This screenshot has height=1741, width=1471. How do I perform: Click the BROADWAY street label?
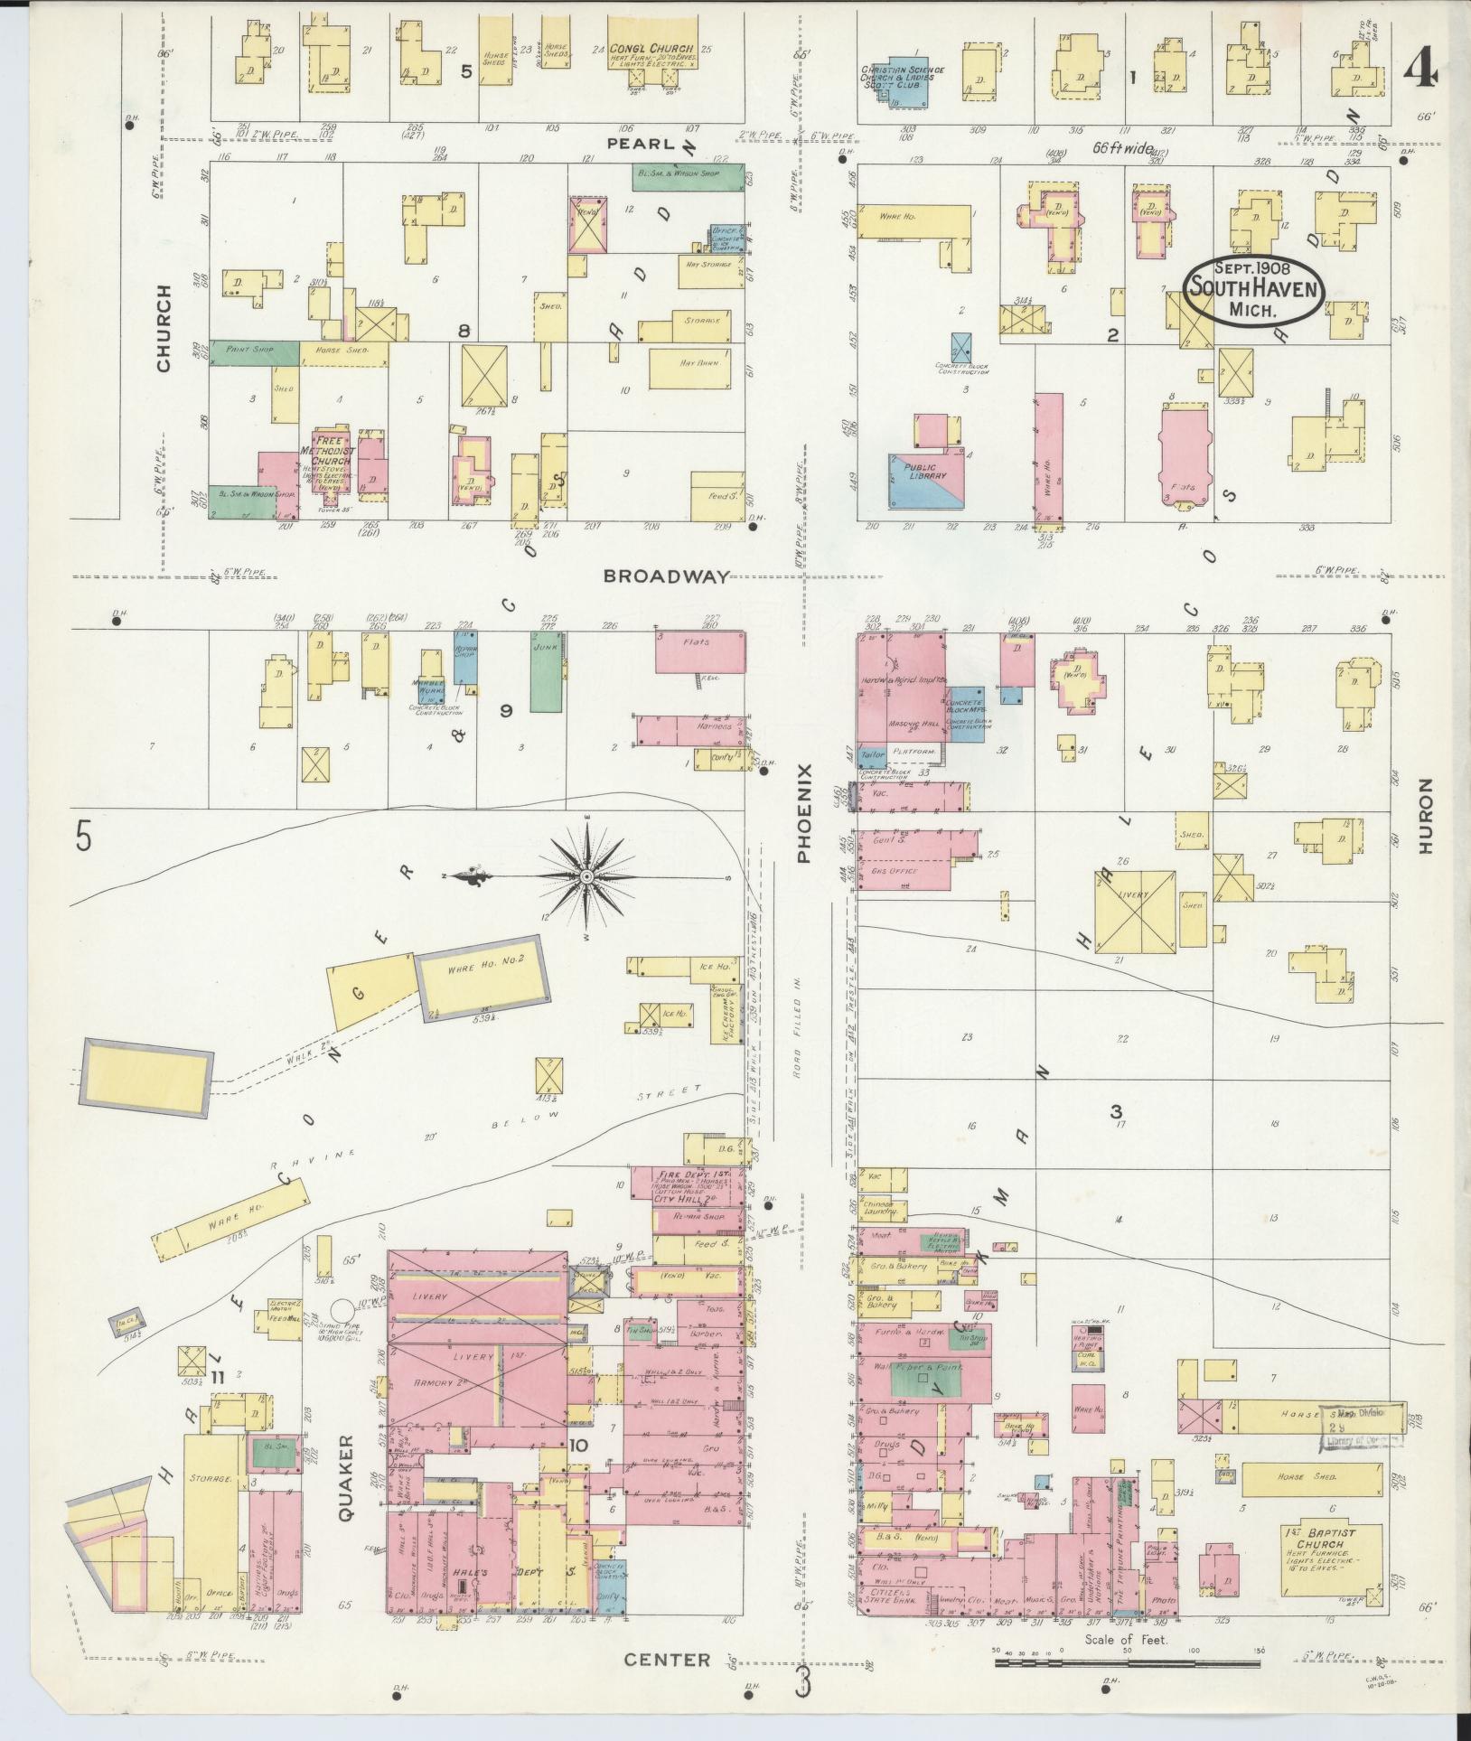tap(667, 576)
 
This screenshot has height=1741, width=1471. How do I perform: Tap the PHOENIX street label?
tap(805, 812)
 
